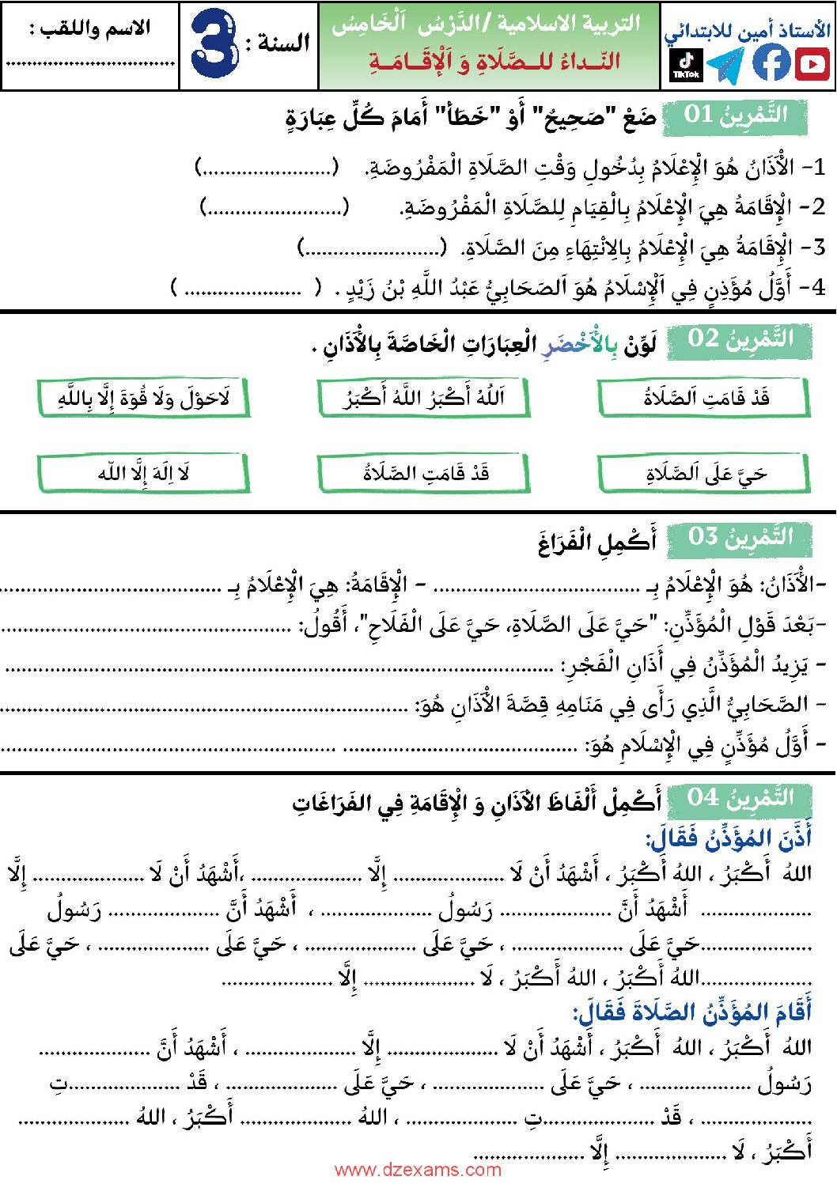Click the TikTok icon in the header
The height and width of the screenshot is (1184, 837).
685,64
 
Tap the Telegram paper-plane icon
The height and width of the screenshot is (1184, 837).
725,65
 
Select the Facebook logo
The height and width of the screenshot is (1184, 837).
771,62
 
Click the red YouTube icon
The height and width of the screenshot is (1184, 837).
812,63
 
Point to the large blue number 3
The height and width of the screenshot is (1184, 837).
214,44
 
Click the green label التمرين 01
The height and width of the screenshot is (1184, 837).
735,115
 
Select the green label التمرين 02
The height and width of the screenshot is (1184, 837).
739,339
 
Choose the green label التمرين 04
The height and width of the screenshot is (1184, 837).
739,798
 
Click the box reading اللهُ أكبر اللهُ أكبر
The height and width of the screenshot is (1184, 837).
423,397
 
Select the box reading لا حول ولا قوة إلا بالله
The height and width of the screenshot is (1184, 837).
143,398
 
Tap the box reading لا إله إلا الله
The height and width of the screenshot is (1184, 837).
143,473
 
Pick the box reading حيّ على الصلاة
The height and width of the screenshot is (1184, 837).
704,474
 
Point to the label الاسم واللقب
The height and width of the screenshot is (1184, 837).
89,30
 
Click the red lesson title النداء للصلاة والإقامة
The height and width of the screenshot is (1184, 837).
494,62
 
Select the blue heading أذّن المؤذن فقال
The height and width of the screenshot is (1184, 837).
728,838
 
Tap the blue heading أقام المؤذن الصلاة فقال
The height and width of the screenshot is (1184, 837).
692,1012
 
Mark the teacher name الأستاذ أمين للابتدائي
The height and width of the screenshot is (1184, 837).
747,31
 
